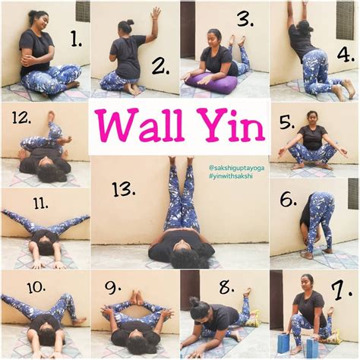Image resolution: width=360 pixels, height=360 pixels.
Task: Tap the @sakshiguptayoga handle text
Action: (x=237, y=168)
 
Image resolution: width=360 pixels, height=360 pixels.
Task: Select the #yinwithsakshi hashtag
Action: (x=231, y=176)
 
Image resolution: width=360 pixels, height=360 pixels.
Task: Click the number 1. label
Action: (x=76, y=40)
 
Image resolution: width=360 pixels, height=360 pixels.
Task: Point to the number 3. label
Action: (x=245, y=20)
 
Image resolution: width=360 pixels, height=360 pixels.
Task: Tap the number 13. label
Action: (x=123, y=190)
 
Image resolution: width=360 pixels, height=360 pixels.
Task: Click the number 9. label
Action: (x=112, y=288)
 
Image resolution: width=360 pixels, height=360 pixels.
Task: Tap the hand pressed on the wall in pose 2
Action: (x=155, y=14)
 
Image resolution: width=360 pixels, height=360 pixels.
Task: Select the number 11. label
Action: (x=40, y=204)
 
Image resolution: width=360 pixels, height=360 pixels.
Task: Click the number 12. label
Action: (x=21, y=118)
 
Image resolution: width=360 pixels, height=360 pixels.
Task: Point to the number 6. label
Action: (x=288, y=199)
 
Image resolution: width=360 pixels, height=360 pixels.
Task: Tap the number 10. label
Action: (x=36, y=287)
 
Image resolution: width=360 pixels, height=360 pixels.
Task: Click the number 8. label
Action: (x=226, y=288)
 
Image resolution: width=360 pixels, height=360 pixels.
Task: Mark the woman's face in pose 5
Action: (x=311, y=118)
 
